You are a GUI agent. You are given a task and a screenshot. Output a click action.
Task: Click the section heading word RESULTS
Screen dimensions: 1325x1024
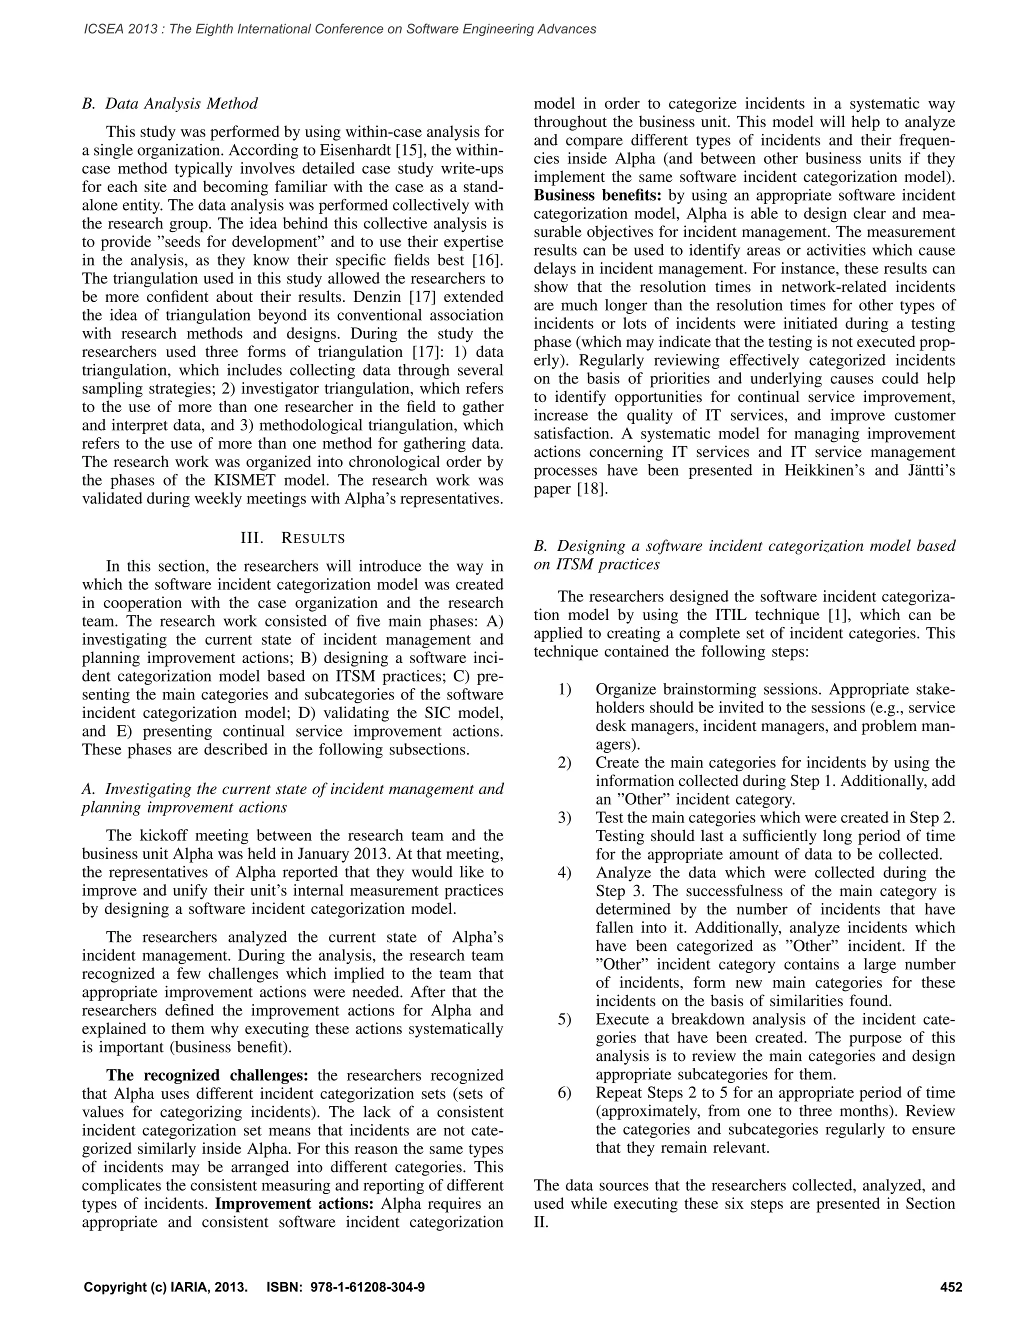[313, 538]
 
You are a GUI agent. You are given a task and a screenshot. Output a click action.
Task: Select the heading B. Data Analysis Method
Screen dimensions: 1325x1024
[170, 103]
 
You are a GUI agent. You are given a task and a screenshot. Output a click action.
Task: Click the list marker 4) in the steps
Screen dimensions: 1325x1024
[565, 873]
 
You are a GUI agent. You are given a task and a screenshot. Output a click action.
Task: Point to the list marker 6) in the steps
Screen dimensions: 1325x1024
[565, 1092]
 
